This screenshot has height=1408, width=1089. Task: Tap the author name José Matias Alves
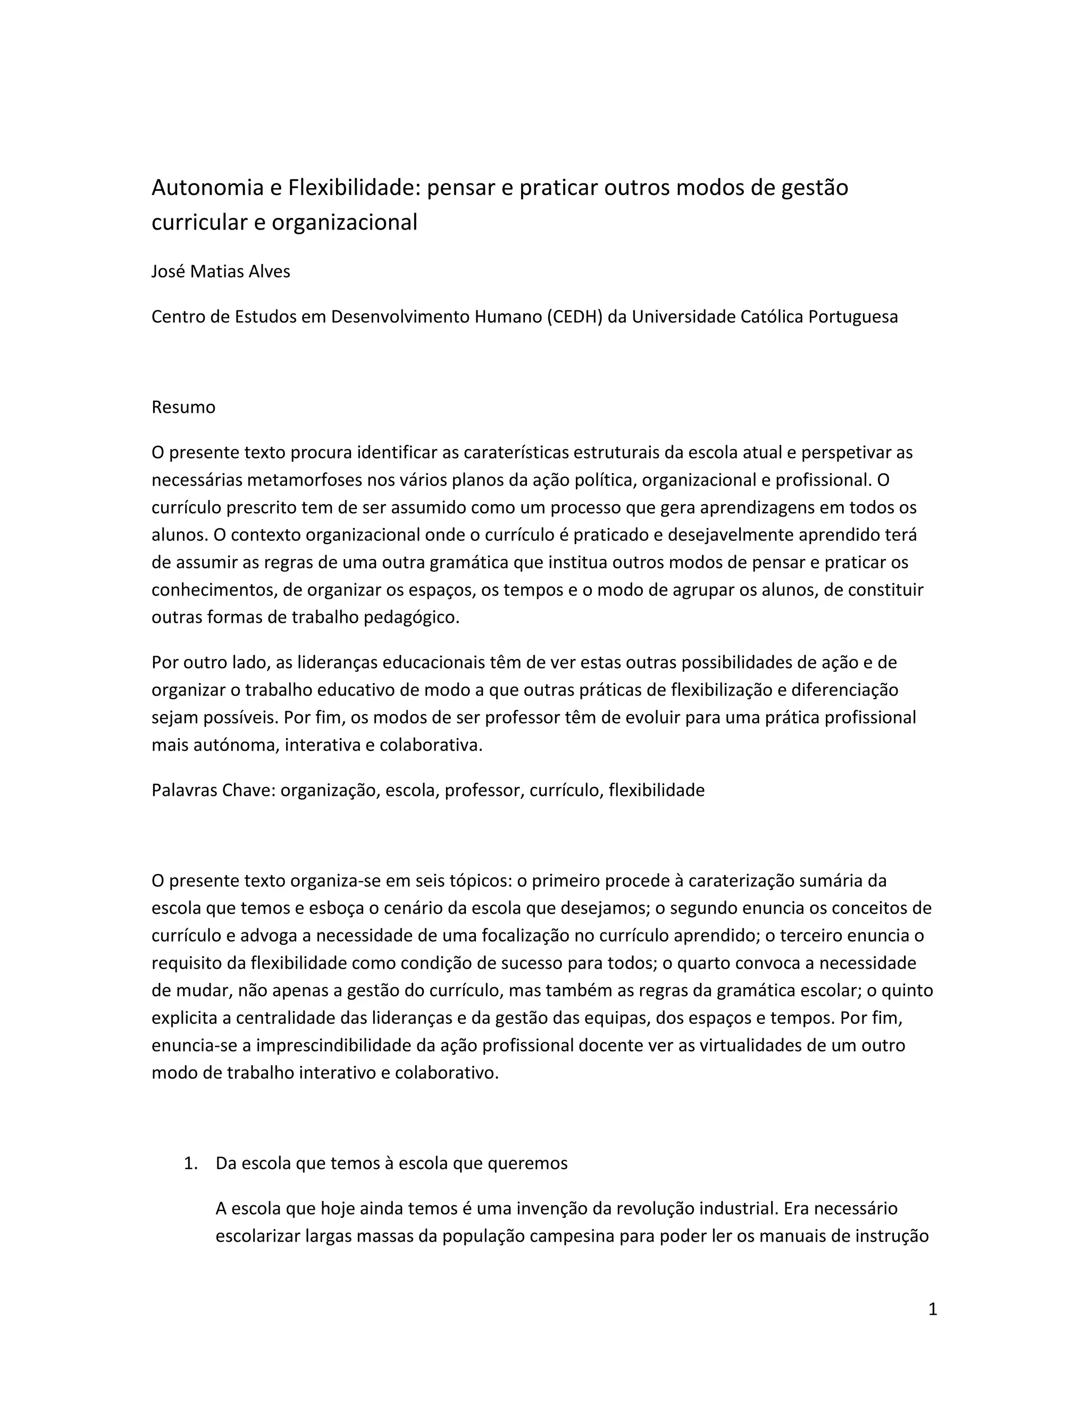pos(221,272)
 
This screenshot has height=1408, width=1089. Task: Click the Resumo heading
pos(183,408)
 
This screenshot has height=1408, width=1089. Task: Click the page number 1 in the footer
pos(932,1309)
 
